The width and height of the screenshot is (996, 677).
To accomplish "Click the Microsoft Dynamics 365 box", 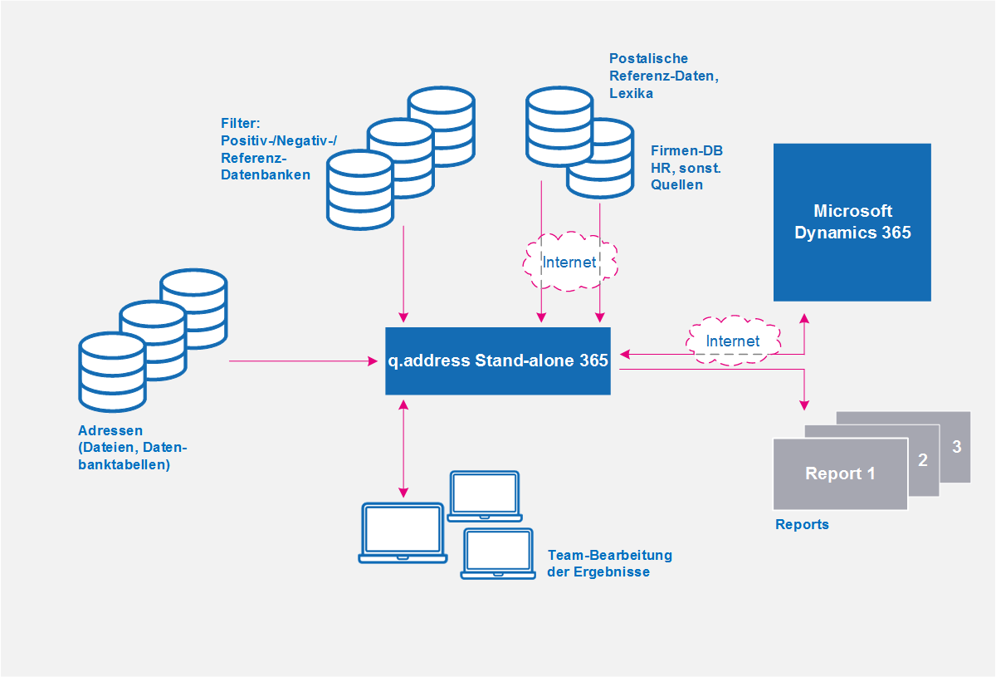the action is [852, 222].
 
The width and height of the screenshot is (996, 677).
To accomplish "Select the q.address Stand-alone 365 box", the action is [497, 361].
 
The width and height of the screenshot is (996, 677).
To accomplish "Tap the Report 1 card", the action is [840, 473].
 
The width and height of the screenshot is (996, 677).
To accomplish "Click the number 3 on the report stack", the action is [956, 446].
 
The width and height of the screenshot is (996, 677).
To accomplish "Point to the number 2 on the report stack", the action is [923, 460].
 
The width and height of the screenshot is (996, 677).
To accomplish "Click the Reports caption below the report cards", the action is [802, 524].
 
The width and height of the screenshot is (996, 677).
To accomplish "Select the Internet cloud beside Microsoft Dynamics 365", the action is [733, 341].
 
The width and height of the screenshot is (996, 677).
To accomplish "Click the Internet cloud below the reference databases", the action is [569, 262].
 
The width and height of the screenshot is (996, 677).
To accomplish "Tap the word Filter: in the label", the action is [240, 123].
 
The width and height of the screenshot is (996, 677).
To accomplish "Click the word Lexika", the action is [631, 93].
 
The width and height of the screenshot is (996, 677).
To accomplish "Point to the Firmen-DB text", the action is [686, 150].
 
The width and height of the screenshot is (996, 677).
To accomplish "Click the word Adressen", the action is [110, 430].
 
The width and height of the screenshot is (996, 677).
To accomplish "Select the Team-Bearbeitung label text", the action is [609, 555].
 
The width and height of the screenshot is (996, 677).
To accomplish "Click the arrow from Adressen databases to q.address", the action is [303, 361].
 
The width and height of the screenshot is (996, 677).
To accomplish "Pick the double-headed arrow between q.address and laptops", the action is [403, 449].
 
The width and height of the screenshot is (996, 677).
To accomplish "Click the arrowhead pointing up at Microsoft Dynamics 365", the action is [804, 318].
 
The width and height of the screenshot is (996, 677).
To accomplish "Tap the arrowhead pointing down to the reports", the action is [804, 405].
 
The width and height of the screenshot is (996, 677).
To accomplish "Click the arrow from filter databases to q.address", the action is [403, 274].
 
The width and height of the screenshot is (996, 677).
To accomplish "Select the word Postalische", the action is [648, 58].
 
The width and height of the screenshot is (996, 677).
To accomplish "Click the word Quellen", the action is [676, 184].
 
